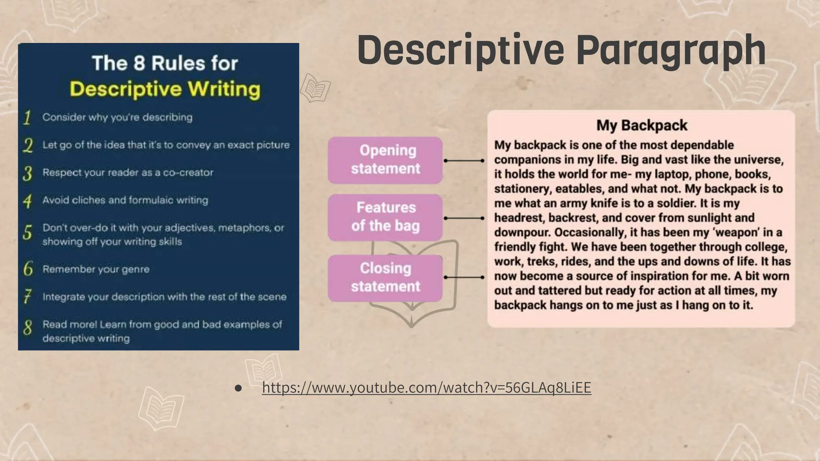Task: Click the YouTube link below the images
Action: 426,387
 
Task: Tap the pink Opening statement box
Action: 385,160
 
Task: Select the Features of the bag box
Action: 385,217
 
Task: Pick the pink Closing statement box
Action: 385,278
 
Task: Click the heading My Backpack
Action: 641,125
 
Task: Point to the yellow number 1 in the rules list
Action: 27,118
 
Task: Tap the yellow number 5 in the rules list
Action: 27,232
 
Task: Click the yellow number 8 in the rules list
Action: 27,328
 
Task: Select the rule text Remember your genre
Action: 96,269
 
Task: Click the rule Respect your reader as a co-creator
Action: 128,172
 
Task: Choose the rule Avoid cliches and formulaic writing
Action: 125,200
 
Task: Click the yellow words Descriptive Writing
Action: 165,89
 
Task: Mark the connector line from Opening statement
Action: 464,160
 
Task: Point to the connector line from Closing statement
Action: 464,277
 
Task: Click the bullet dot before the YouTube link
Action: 238,388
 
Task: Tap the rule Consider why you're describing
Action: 117,117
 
